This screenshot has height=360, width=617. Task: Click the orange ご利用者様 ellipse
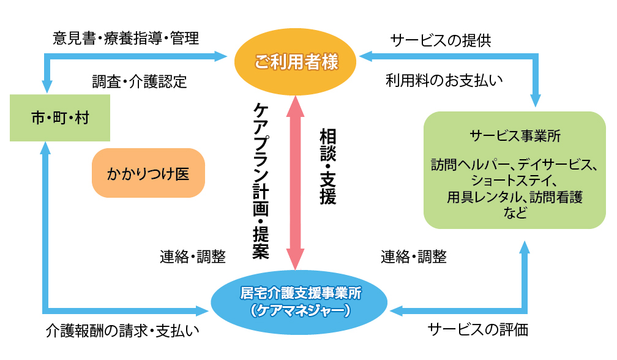click(x=296, y=61)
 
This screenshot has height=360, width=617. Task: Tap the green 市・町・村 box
click(x=60, y=118)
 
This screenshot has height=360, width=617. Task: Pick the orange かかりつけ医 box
click(x=148, y=173)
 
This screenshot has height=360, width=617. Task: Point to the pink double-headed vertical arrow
click(x=296, y=184)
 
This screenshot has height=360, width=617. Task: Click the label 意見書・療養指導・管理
click(x=125, y=39)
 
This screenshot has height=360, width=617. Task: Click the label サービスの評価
click(x=477, y=330)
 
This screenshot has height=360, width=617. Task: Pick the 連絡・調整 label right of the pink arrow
click(x=414, y=257)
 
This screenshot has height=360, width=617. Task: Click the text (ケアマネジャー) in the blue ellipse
click(x=300, y=311)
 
